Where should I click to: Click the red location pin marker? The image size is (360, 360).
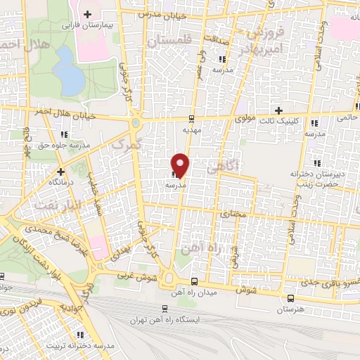[x=181, y=163]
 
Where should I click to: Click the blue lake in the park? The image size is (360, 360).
[x=68, y=70]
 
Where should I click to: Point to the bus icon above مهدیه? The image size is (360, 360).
[x=192, y=118]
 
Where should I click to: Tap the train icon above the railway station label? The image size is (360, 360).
[x=165, y=309]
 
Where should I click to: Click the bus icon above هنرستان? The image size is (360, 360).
[x=290, y=298]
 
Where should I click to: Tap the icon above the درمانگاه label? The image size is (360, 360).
[x=61, y=171]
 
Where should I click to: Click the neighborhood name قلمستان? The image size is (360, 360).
[x=167, y=43]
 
